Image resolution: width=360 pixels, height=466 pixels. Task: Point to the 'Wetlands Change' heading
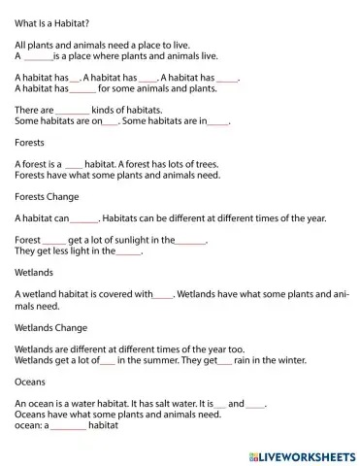[55, 327]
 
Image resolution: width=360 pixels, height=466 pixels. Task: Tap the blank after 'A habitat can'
[84, 219]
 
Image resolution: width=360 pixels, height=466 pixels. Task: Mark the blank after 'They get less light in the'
[128, 251]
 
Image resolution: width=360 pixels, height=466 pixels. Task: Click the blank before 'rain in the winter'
[224, 360]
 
